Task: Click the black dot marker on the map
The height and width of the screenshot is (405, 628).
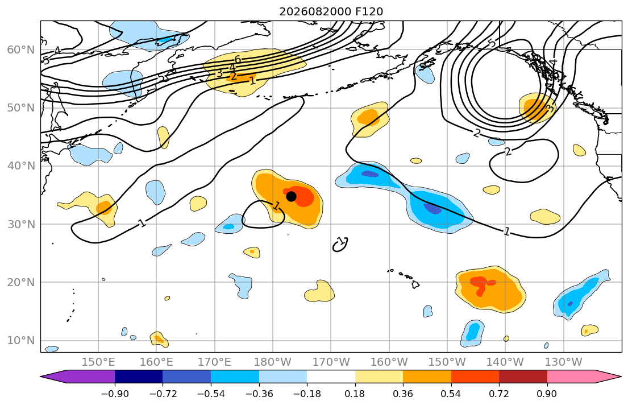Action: click(291, 196)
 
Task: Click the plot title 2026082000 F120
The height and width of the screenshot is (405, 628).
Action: click(331, 11)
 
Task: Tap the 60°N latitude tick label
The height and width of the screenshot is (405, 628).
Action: click(21, 50)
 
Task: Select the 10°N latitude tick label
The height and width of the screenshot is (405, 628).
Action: click(21, 341)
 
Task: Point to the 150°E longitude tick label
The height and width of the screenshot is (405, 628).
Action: click(98, 362)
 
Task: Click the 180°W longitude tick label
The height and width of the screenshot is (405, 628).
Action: click(273, 362)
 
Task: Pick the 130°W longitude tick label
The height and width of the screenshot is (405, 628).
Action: click(564, 362)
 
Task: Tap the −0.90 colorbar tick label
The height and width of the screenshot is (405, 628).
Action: click(115, 394)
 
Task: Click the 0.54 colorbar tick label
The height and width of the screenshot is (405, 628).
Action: click(451, 394)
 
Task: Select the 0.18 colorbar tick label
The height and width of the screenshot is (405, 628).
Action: click(355, 394)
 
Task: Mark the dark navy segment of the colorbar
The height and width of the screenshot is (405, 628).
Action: click(139, 377)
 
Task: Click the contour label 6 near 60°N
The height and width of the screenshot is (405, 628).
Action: click(238, 60)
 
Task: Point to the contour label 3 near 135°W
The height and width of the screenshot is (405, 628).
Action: click(550, 108)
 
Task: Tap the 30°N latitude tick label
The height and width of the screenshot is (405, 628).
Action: click(21, 224)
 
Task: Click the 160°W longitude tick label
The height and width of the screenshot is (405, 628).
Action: click(389, 362)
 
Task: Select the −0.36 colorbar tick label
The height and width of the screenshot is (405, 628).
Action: click(259, 394)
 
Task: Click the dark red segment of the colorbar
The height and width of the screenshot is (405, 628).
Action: click(523, 377)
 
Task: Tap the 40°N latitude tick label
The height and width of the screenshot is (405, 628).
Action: click(21, 166)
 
